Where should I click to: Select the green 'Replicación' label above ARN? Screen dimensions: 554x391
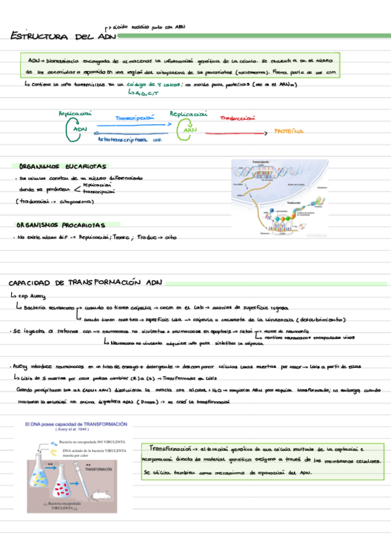[x=189, y=114]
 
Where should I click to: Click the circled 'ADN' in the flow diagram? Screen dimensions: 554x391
[x=80, y=129]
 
